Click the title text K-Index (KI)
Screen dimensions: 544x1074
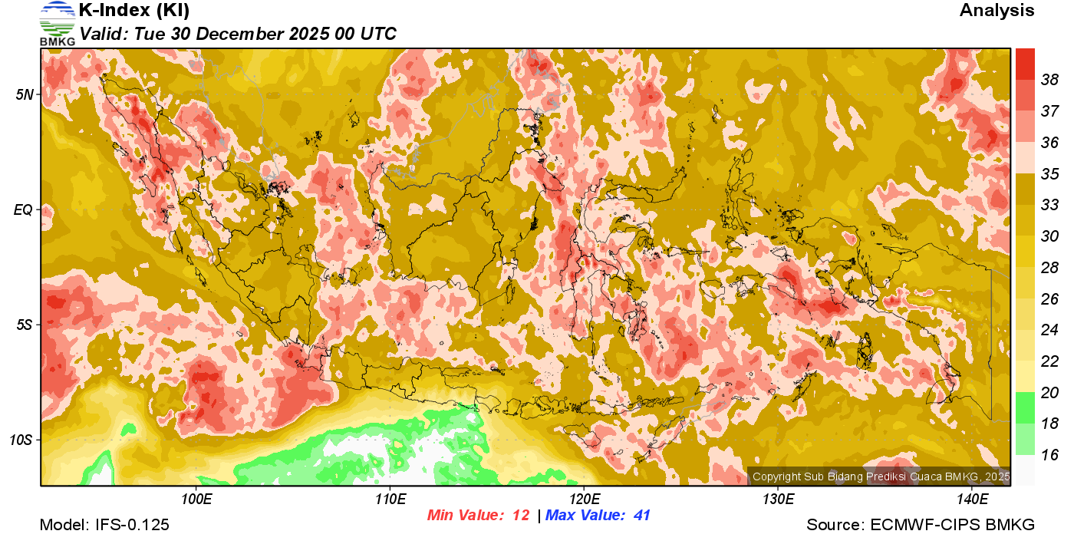pos(134,11)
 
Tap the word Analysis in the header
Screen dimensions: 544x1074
pos(997,11)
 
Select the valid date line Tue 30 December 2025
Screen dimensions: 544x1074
pos(238,34)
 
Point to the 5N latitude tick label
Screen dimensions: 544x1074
pos(25,94)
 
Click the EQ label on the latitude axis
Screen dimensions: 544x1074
pos(24,209)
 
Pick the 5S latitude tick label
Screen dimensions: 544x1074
pos(25,325)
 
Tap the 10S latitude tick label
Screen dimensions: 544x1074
pos(21,440)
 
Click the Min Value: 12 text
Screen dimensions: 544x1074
pos(479,516)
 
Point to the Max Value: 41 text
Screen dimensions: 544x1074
pos(598,516)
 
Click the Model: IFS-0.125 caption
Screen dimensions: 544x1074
pos(104,525)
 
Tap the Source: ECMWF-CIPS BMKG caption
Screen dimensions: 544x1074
pos(921,525)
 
